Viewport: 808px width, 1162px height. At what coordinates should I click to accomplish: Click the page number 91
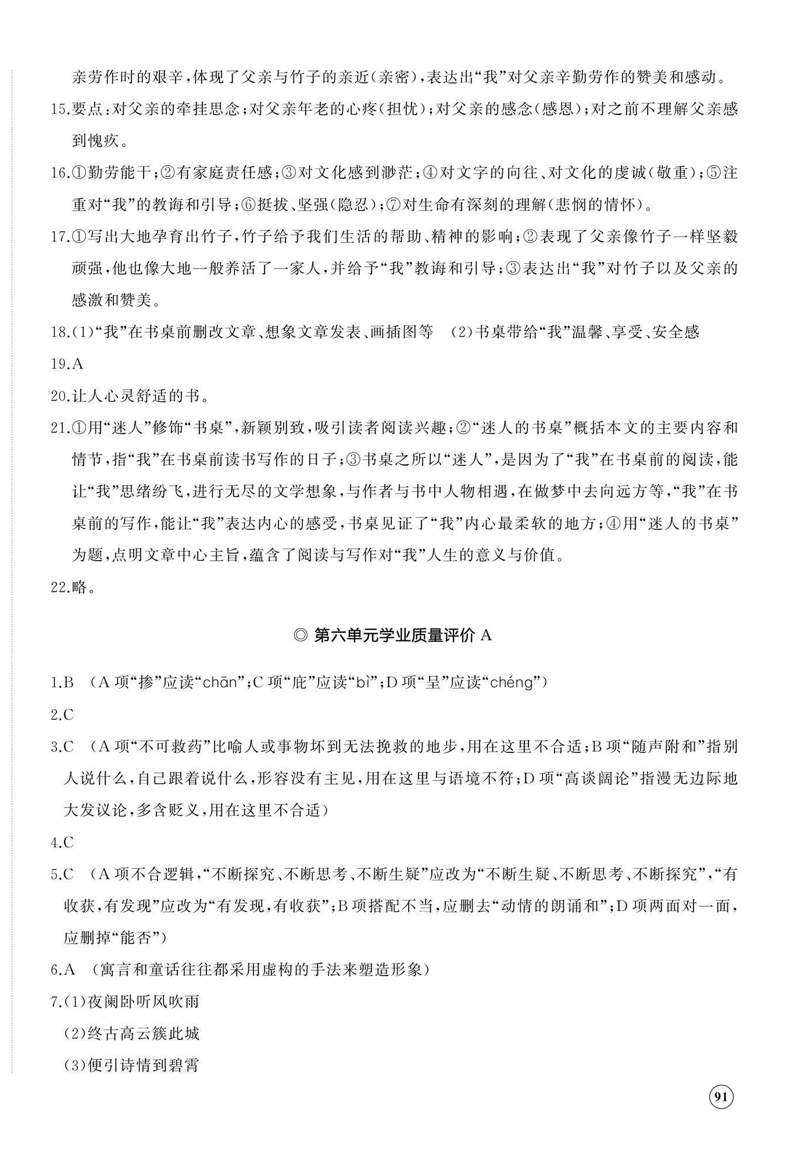721,1097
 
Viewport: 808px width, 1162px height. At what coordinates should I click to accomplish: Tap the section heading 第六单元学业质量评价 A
394,635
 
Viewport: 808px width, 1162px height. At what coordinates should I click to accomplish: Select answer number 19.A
67,364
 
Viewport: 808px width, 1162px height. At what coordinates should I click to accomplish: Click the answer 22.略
73,587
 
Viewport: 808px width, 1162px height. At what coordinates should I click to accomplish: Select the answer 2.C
63,714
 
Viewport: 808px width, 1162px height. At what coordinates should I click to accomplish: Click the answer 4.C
63,842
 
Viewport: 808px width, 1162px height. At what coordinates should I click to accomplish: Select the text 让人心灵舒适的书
140,396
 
